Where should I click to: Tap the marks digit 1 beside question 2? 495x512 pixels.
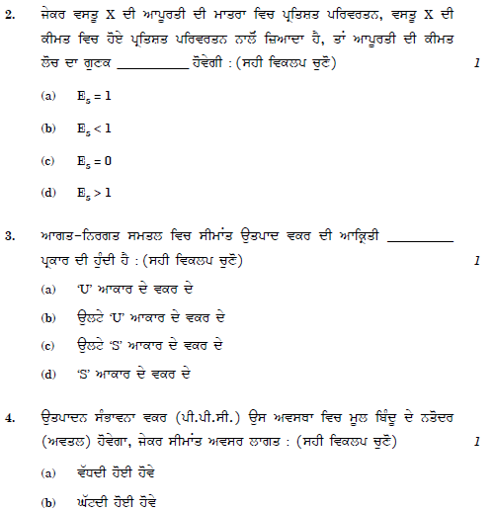click(477, 63)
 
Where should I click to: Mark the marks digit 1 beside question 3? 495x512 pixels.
click(477, 262)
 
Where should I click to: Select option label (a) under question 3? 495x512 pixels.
click(47, 291)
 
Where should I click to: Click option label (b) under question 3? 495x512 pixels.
click(47, 318)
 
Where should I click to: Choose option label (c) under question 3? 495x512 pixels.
click(47, 347)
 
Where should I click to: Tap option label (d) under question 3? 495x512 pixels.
click(47, 375)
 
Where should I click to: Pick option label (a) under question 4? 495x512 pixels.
click(47, 473)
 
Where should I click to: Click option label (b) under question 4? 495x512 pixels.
click(47, 501)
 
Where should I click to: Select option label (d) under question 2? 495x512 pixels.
click(47, 192)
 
